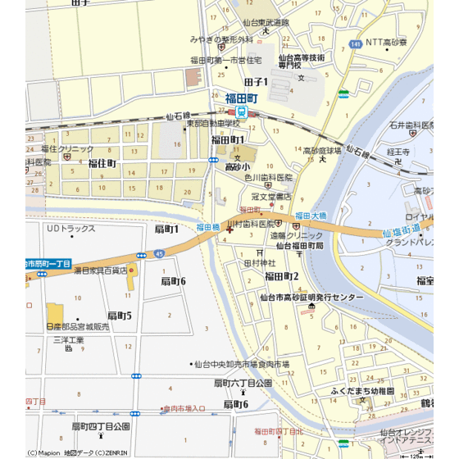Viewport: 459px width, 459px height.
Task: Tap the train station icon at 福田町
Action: click(x=243, y=112)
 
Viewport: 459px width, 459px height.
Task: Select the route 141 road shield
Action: click(x=354, y=43)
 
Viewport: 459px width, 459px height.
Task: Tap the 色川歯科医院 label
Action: click(x=268, y=177)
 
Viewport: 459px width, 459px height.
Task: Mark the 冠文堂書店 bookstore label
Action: click(x=270, y=197)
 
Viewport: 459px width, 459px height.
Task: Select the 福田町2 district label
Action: click(x=281, y=276)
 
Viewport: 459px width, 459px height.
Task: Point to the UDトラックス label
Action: click(x=71, y=228)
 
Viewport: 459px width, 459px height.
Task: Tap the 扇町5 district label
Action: click(x=119, y=315)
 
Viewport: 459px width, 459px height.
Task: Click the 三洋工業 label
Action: click(x=69, y=339)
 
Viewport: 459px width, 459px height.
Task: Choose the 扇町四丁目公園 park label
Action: click(x=100, y=426)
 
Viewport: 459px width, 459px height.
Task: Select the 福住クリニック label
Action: click(x=66, y=149)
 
